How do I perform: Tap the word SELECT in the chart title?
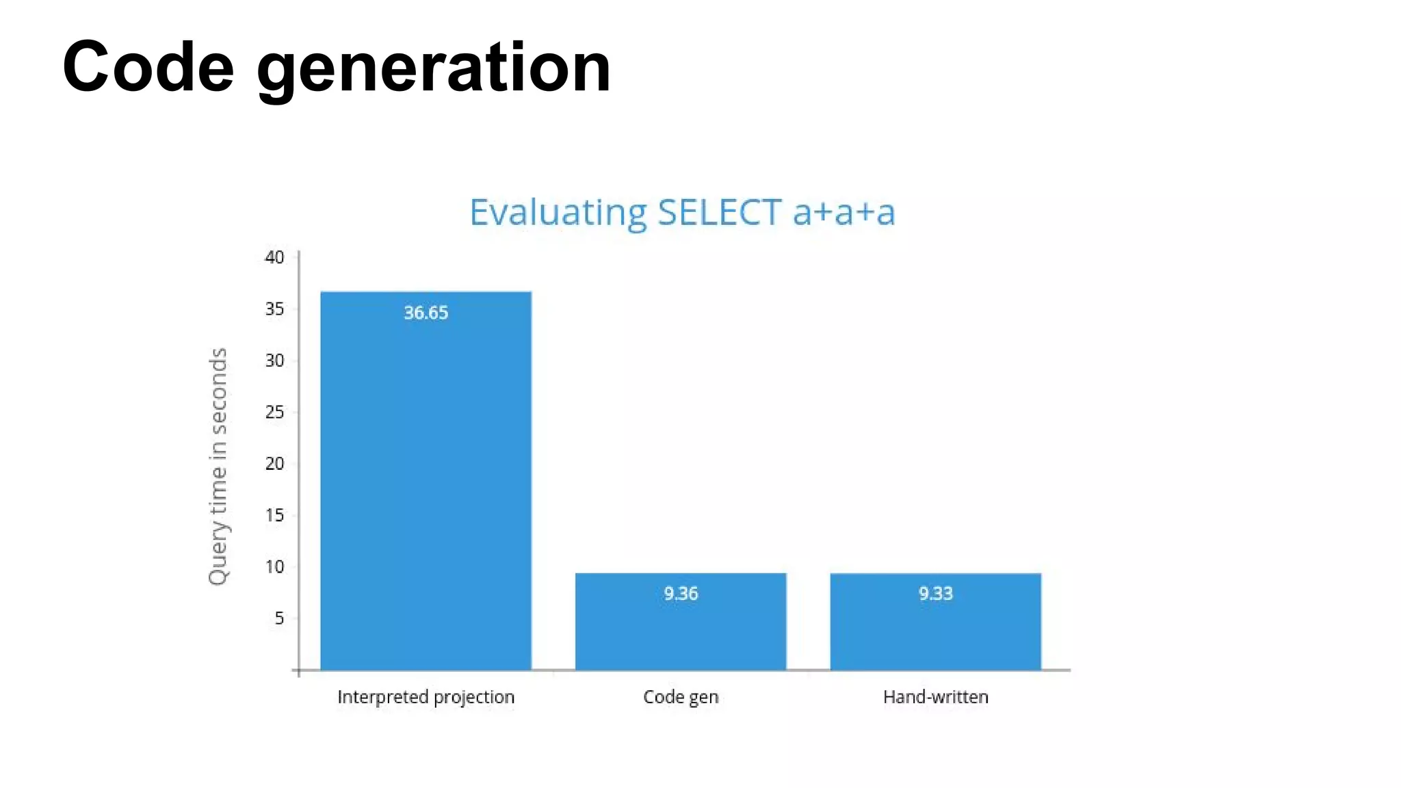719,212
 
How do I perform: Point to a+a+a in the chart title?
843,212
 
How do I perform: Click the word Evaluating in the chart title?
558,213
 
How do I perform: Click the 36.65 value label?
425,313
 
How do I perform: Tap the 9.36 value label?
681,593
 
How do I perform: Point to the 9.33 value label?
935,593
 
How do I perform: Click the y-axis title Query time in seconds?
218,467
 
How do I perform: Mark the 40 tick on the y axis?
274,257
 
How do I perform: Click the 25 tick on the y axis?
274,412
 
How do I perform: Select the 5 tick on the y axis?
279,618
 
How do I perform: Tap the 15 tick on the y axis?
274,515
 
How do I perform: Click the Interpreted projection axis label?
425,697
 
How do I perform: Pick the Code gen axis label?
681,697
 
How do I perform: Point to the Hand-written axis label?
935,697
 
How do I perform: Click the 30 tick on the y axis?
274,360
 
